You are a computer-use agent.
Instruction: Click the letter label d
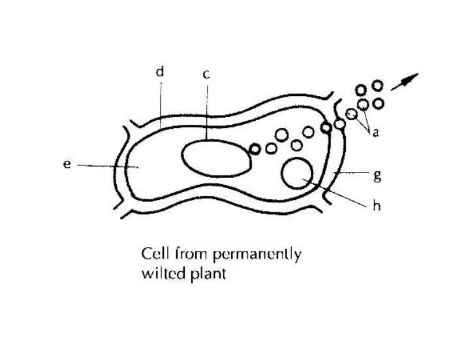pyautogui.click(x=159, y=72)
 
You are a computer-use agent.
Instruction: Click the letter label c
pyautogui.click(x=206, y=74)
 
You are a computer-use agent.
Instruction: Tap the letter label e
pyautogui.click(x=67, y=165)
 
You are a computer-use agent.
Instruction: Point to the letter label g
pyautogui.click(x=377, y=175)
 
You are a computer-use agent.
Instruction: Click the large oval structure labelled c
pyautogui.click(x=216, y=158)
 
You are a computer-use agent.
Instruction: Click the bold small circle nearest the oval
pyautogui.click(x=255, y=149)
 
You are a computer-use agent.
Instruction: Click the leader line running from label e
pyautogui.click(x=104, y=166)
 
